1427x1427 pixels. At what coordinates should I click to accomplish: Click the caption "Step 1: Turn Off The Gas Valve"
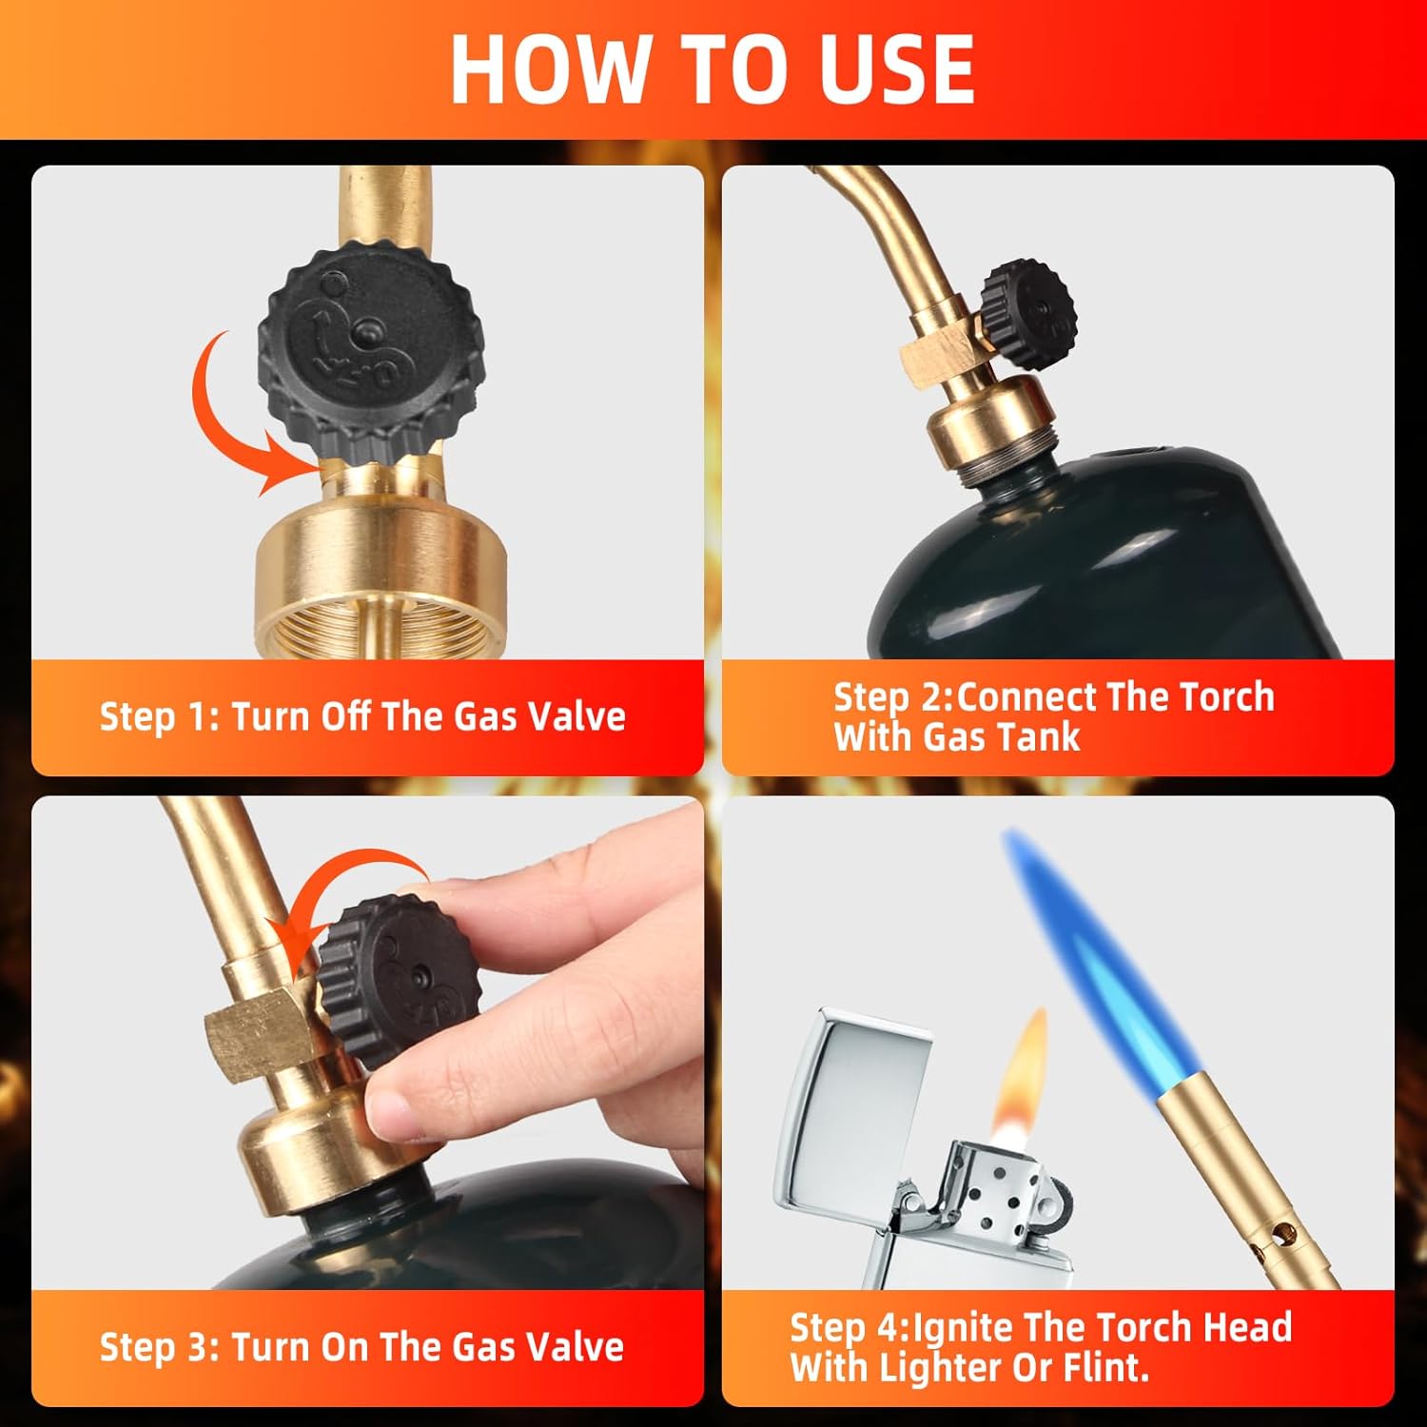coord(362,716)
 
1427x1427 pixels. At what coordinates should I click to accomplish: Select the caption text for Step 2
coord(1053,716)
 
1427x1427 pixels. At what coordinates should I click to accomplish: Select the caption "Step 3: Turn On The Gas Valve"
coord(362,1347)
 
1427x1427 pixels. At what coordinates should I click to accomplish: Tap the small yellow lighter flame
coord(1023,1075)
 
